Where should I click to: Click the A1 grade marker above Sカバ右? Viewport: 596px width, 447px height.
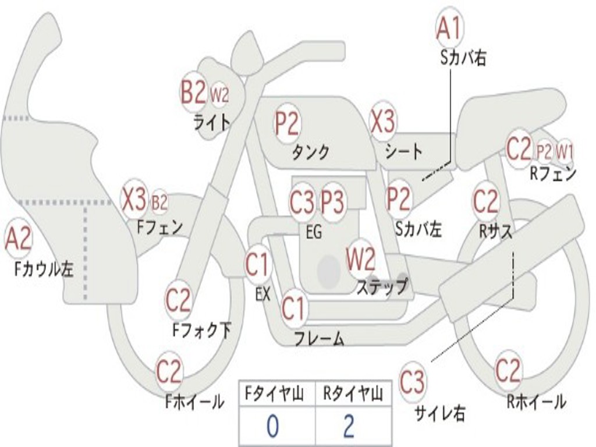[449, 27]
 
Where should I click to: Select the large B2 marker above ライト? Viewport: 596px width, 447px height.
[193, 92]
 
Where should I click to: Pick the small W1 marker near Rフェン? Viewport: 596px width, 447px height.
[565, 152]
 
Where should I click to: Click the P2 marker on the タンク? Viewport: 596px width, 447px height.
[287, 123]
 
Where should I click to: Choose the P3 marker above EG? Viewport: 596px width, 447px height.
[333, 203]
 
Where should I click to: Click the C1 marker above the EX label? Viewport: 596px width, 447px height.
[257, 265]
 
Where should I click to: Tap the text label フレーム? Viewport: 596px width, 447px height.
[318, 339]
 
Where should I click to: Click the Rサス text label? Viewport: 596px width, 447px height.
[496, 231]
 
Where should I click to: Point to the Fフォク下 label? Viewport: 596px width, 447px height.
[201, 331]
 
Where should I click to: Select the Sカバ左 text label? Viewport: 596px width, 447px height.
[418, 229]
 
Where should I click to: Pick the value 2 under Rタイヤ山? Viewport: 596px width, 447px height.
[349, 427]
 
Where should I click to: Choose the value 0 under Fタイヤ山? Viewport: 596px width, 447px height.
[272, 427]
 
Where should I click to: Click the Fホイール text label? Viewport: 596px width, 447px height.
[194, 402]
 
